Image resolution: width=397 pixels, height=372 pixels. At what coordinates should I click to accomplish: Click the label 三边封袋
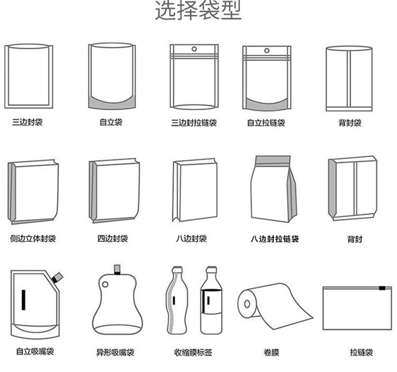pos(28,122)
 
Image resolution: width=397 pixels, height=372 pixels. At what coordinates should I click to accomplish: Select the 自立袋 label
pos(111,122)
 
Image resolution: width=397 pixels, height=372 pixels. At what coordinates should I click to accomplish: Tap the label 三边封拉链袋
pos(194,123)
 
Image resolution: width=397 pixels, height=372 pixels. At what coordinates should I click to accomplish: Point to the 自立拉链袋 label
pos(266,123)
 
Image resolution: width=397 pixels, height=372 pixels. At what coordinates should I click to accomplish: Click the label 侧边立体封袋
pos(33,239)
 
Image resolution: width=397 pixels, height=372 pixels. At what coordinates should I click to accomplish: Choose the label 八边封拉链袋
pos(275,239)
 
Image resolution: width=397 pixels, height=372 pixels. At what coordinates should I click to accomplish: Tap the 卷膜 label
pos(271,352)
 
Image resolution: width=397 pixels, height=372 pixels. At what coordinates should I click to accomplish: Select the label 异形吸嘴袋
pos(115,352)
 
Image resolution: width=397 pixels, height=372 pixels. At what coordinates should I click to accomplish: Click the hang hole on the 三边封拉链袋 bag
pos(194,49)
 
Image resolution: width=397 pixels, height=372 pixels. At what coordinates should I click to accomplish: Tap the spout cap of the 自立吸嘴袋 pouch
pos(58,276)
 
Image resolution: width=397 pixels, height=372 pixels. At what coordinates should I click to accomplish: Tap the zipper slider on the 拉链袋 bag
pos(382,288)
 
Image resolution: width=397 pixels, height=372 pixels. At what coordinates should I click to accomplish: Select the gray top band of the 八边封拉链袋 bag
pos(273,160)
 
